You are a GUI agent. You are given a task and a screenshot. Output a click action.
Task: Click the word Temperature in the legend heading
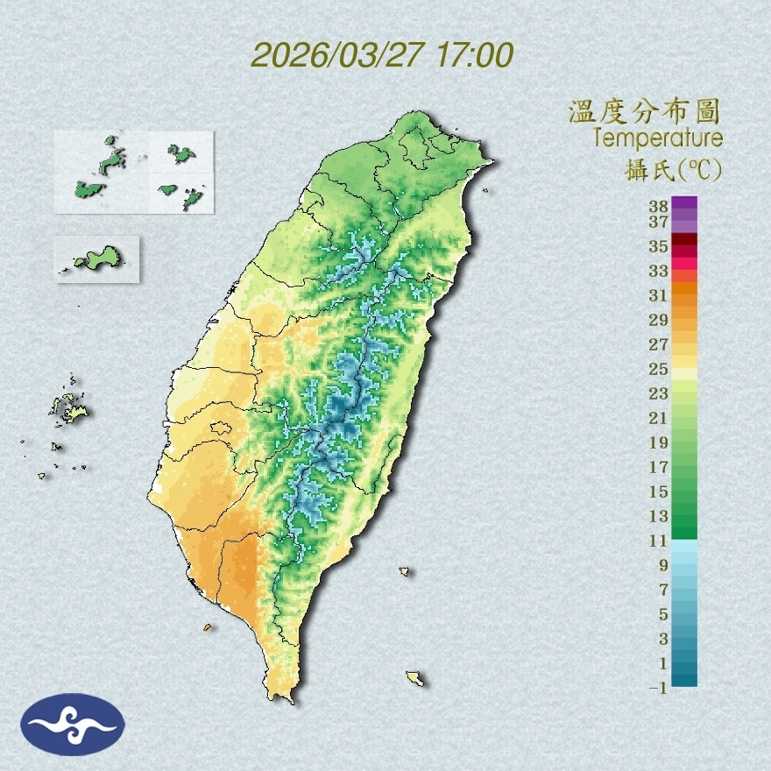657,138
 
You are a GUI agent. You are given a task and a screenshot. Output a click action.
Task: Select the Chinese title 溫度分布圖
645,112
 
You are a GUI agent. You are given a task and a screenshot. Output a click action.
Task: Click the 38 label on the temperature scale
659,207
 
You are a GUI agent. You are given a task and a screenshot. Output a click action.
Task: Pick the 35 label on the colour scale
659,246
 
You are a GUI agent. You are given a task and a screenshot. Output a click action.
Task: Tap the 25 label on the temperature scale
659,369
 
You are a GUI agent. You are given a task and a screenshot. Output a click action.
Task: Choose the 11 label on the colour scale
659,541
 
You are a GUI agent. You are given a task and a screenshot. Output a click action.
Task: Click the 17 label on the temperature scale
659,467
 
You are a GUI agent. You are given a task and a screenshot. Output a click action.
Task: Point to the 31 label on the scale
659,295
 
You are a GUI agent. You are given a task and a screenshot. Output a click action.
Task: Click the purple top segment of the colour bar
684,202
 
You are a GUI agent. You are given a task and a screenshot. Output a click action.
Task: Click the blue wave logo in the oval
73,725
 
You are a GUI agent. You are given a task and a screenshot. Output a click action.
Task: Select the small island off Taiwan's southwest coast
208,627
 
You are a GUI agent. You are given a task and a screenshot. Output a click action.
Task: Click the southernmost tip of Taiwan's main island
282,698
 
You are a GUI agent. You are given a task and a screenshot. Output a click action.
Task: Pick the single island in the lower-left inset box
97,258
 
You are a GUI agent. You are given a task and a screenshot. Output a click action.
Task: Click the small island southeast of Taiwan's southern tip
415,677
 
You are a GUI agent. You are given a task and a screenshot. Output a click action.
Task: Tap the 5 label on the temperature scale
663,614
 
